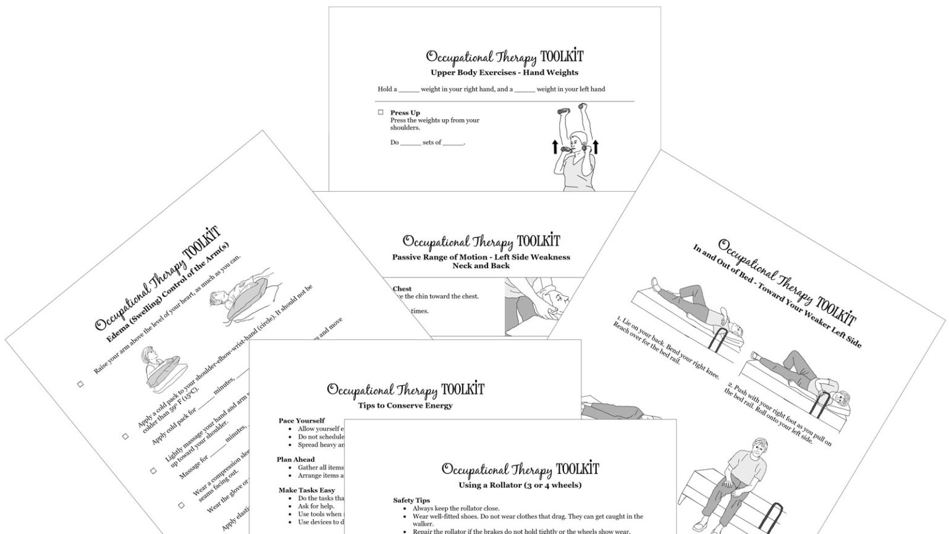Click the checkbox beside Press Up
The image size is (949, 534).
click(381, 112)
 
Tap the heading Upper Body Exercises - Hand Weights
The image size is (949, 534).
click(504, 72)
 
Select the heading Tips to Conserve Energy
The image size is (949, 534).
click(405, 405)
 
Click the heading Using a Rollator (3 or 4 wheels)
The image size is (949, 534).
click(520, 485)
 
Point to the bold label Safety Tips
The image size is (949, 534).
click(411, 501)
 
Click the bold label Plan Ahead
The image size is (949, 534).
click(295, 460)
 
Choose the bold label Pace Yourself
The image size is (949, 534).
click(302, 421)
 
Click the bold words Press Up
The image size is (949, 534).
click(405, 112)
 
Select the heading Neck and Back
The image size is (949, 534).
click(481, 266)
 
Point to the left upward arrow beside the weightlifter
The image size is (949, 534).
click(555, 147)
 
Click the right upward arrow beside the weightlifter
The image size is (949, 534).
click(596, 147)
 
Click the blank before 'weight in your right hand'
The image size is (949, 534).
click(409, 89)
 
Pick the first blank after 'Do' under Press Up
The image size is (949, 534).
click(410, 143)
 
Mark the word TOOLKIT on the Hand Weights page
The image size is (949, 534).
click(561, 57)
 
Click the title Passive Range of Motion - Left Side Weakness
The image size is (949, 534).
click(481, 257)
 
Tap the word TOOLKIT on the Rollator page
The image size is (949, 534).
click(577, 468)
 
